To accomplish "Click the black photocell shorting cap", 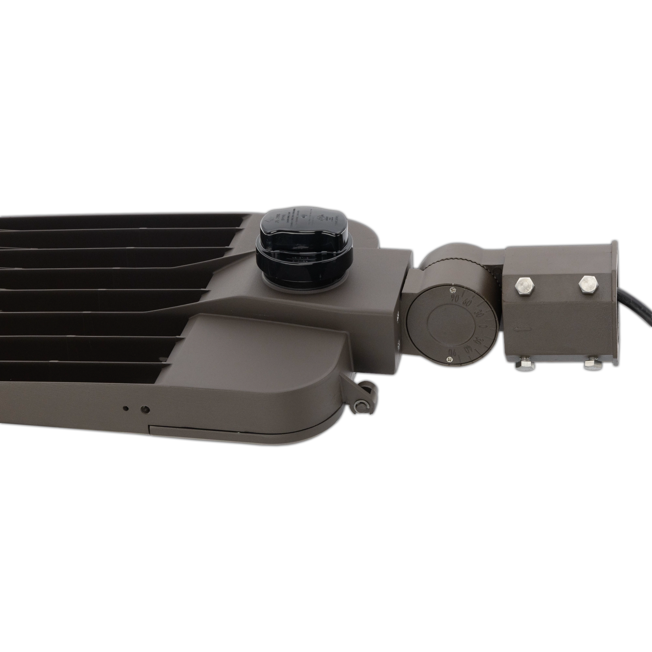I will tap(304, 250).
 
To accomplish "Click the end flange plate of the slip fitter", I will tap(614, 304).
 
